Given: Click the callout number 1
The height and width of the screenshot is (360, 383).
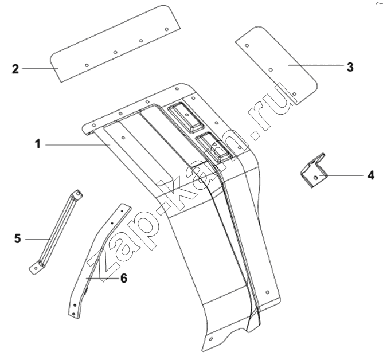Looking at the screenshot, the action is (38, 144).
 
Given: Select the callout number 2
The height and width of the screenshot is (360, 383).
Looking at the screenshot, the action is (15, 69).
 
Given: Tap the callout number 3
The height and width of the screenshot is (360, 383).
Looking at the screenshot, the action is (350, 67).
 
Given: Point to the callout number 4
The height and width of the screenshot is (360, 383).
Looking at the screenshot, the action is (370, 175).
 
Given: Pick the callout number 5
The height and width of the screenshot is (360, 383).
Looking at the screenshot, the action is (18, 238).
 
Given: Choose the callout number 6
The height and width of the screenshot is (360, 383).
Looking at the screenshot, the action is (124, 278).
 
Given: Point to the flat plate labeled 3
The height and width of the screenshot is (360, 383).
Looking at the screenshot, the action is (276, 65).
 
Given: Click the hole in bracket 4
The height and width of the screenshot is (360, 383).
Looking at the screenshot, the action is (315, 178).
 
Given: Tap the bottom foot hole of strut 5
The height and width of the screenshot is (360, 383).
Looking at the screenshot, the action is (36, 268).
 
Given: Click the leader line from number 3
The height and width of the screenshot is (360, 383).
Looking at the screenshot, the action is (316, 65).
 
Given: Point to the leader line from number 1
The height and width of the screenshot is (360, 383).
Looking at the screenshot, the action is (77, 145).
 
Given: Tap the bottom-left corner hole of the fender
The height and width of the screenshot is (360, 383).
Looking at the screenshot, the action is (211, 339).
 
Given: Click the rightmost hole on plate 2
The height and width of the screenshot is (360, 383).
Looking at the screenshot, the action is (167, 29).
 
